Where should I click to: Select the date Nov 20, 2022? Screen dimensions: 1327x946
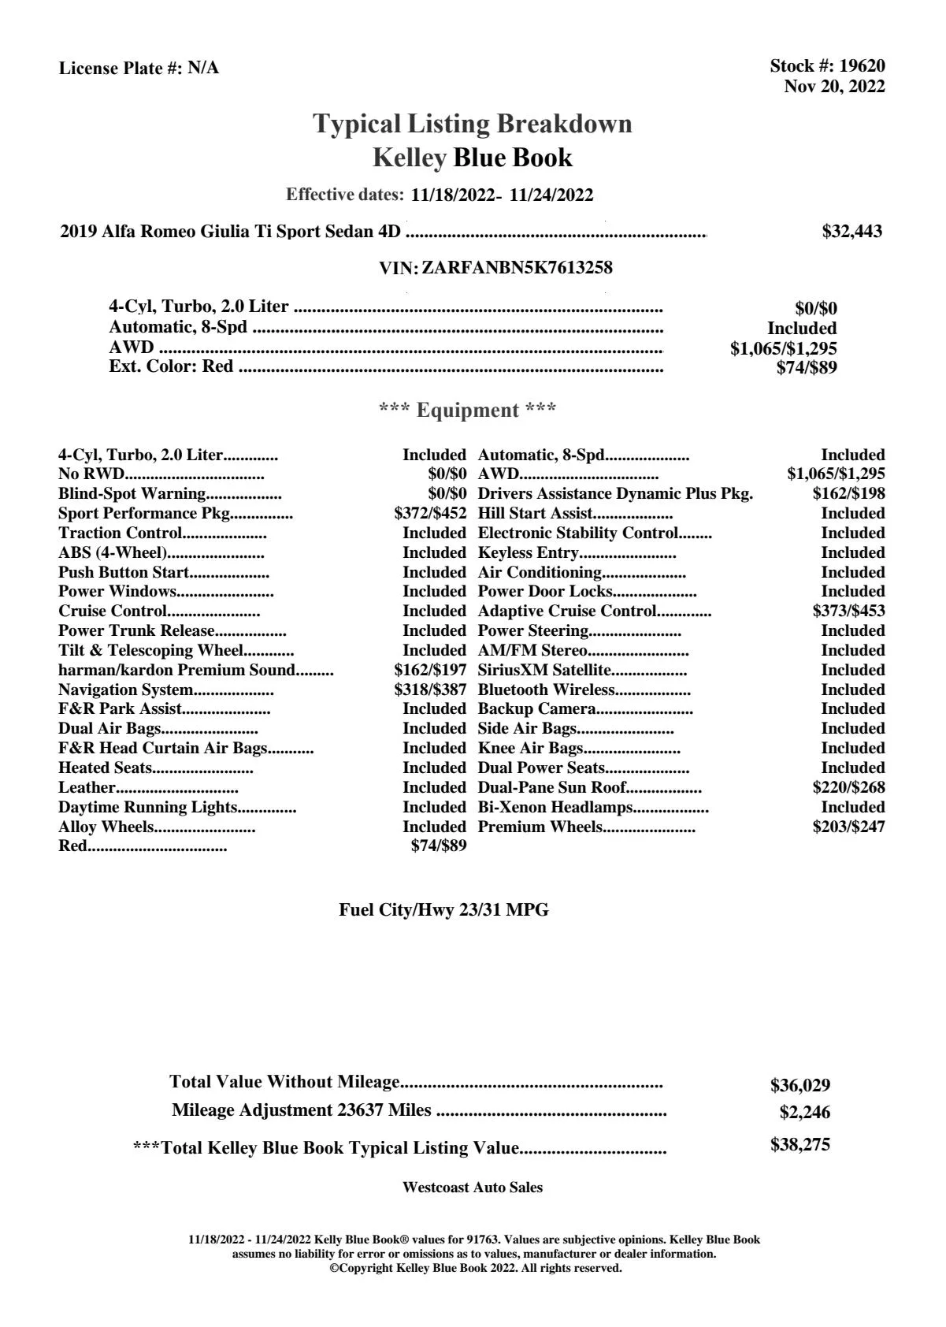(834, 86)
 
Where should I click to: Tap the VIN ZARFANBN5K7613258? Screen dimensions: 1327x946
(517, 268)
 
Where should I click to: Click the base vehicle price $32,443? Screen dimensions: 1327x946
(851, 232)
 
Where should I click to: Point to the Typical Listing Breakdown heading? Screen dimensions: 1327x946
(473, 124)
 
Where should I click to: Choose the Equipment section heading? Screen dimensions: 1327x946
(468, 411)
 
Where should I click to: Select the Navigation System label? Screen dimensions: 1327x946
(126, 690)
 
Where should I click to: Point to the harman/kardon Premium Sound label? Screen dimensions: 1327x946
(176, 671)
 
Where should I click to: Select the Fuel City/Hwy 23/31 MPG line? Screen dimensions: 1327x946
(443, 910)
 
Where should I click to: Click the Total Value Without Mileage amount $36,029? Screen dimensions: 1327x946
(799, 1086)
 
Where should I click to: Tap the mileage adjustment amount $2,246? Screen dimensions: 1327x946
(804, 1113)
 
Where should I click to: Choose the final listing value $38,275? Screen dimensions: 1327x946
(799, 1145)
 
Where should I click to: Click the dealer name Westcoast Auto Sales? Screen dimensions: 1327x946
(472, 1188)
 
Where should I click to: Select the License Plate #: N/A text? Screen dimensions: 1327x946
(139, 69)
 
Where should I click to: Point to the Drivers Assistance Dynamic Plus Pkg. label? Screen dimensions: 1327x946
(615, 494)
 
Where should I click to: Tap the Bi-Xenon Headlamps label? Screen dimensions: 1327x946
(555, 808)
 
